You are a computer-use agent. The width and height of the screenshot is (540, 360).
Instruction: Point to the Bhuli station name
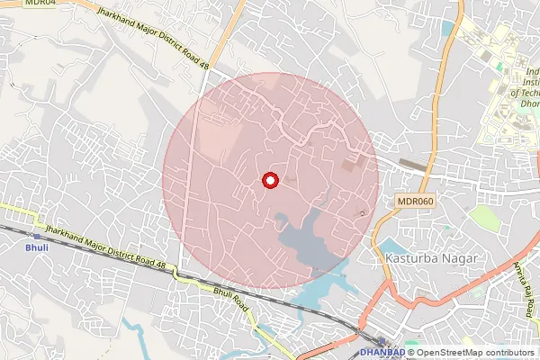(x=37, y=247)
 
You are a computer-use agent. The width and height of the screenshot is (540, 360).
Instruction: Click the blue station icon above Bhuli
(x=37, y=235)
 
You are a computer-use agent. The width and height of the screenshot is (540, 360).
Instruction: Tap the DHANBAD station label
(x=382, y=352)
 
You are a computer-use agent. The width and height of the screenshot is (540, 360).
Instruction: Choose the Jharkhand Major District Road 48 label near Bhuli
(x=110, y=249)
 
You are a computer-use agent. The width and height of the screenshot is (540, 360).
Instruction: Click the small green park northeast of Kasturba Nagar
(x=485, y=217)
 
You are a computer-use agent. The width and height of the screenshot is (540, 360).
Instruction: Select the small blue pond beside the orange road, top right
(x=447, y=29)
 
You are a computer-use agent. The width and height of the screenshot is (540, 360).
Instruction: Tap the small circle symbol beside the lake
(x=363, y=213)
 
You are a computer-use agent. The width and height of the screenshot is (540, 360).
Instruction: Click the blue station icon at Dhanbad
(x=382, y=341)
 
